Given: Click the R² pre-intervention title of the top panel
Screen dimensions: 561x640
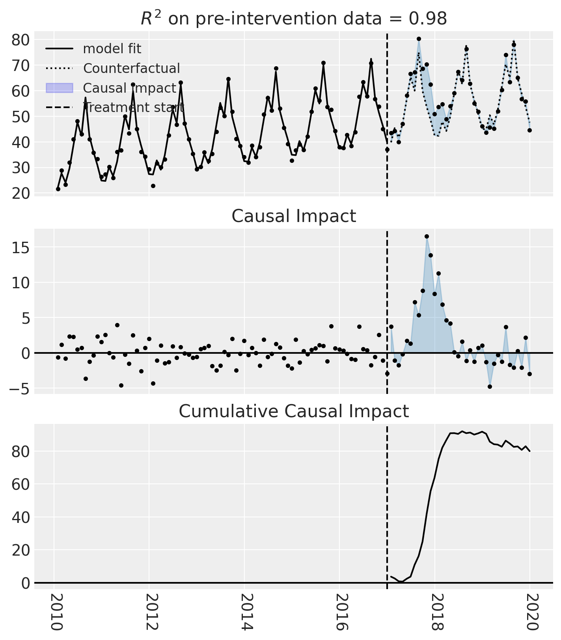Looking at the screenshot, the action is click(x=294, y=18).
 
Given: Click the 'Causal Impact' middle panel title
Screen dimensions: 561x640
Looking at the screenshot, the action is click(x=294, y=216).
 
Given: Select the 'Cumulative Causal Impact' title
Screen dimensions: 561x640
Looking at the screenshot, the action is click(x=294, y=411).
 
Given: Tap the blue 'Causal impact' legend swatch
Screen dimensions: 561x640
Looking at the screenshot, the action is click(x=60, y=88).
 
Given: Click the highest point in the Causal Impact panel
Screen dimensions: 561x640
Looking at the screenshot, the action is click(x=427, y=237).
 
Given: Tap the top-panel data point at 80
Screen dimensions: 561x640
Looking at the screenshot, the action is click(x=419, y=39).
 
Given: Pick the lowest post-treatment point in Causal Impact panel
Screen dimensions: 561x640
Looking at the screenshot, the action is click(x=490, y=386).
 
